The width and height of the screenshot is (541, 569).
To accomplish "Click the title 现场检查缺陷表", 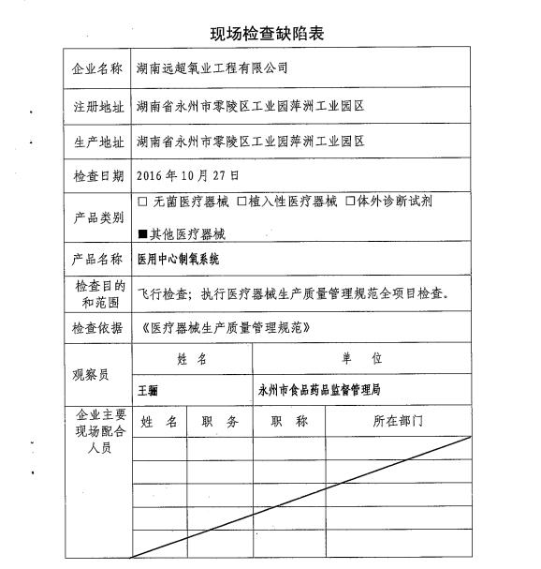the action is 268,35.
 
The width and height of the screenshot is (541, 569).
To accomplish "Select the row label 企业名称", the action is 96,68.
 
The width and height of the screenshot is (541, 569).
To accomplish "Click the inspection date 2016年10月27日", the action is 188,175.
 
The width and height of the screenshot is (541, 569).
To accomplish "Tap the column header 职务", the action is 220,422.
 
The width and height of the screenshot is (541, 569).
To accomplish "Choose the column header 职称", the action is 289,422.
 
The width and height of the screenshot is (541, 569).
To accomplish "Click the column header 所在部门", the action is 399,422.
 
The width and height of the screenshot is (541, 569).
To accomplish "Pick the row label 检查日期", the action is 96,176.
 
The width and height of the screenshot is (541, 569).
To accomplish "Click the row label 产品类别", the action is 96,217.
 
